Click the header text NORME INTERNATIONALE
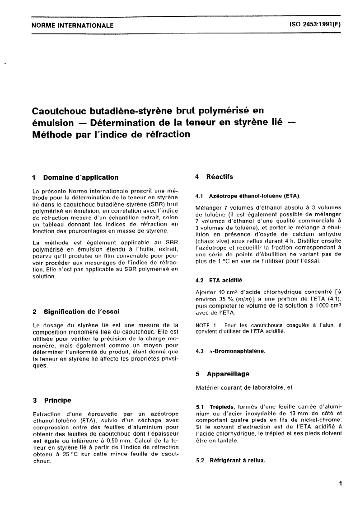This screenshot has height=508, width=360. pyautogui.click(x=72, y=26)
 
